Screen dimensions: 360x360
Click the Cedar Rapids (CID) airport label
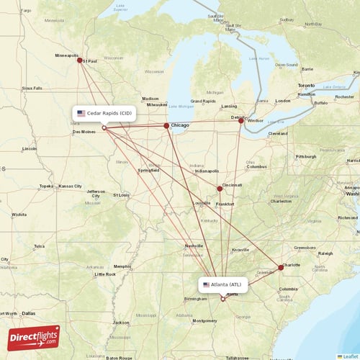tap(104, 113)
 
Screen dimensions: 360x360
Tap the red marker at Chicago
tap(166, 126)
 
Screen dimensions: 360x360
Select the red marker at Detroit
tap(241, 121)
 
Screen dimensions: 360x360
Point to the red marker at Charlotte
tap(281, 267)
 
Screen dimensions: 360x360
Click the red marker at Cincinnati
tap(220, 189)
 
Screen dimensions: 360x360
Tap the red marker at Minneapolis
tap(80, 61)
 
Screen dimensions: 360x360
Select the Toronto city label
tap(307, 86)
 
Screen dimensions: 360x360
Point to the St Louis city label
tap(121, 194)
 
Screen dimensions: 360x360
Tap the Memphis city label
tap(122, 266)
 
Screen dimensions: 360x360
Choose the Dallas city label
tap(28, 313)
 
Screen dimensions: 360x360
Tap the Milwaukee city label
tap(156, 104)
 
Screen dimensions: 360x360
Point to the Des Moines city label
tap(84, 132)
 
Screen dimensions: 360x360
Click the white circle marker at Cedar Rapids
tap(104, 128)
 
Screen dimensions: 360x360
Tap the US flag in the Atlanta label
tap(207, 284)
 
